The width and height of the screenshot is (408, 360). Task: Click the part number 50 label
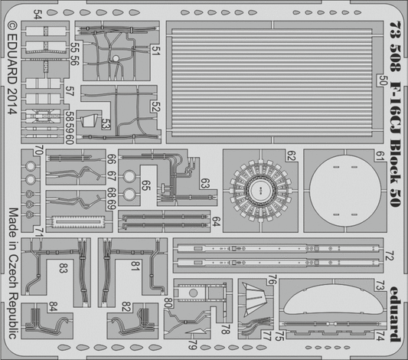pos(382,80)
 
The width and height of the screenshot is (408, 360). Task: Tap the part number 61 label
pos(380,156)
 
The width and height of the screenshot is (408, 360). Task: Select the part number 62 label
pos(292,156)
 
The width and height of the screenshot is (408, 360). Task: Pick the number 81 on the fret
pos(135,266)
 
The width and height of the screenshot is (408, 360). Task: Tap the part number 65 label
pos(145,185)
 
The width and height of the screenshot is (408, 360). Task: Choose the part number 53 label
pos(106,124)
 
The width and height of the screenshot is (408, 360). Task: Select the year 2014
pos(12,100)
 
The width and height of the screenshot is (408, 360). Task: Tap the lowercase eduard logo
pos(395,315)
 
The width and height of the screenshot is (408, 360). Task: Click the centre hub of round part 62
pos(261,189)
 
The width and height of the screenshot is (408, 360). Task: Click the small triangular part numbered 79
pos(197,332)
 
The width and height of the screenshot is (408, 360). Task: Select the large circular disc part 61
pos(345,191)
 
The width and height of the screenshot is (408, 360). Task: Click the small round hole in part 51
pos(116,58)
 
